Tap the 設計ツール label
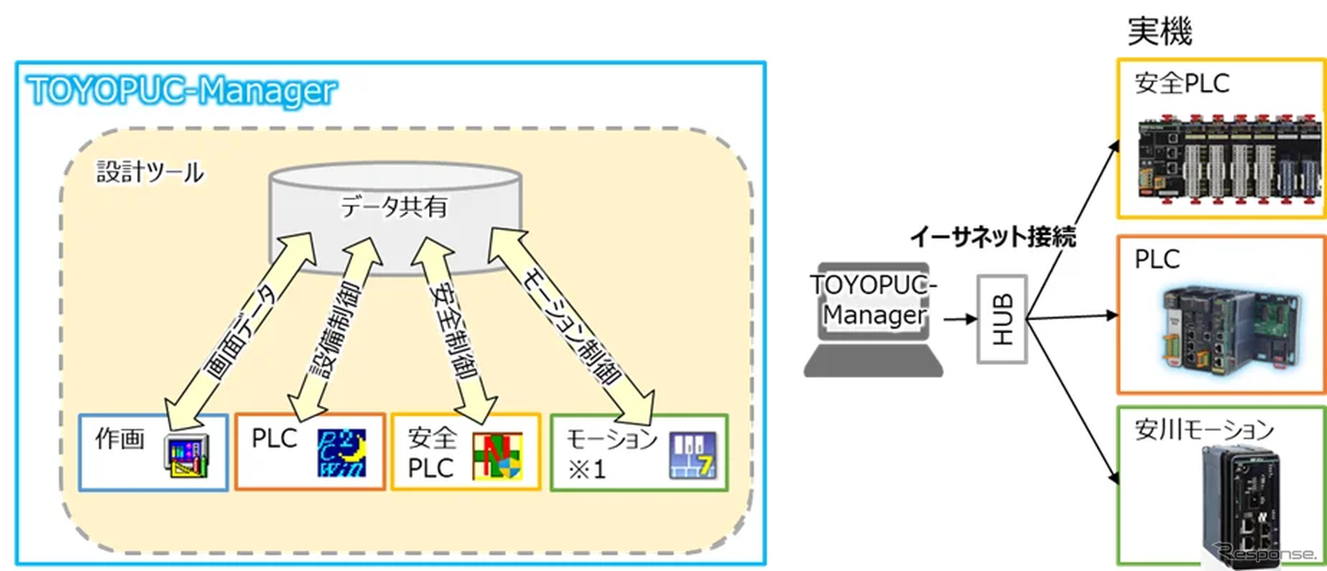(x=150, y=171)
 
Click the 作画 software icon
(x=188, y=455)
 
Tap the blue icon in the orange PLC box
(x=341, y=453)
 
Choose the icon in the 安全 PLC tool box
(x=496, y=457)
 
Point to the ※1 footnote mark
(x=587, y=468)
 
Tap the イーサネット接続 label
(x=993, y=238)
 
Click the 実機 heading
(x=1159, y=33)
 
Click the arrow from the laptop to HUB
(x=953, y=320)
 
